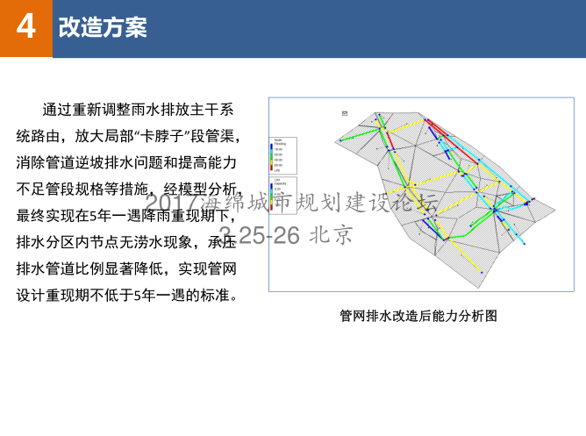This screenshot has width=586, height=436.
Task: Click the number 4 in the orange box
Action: pos(26,27)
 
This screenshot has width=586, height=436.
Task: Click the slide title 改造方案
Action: pos(103,28)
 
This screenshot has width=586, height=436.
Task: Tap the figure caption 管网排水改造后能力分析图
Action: pos(418,316)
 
